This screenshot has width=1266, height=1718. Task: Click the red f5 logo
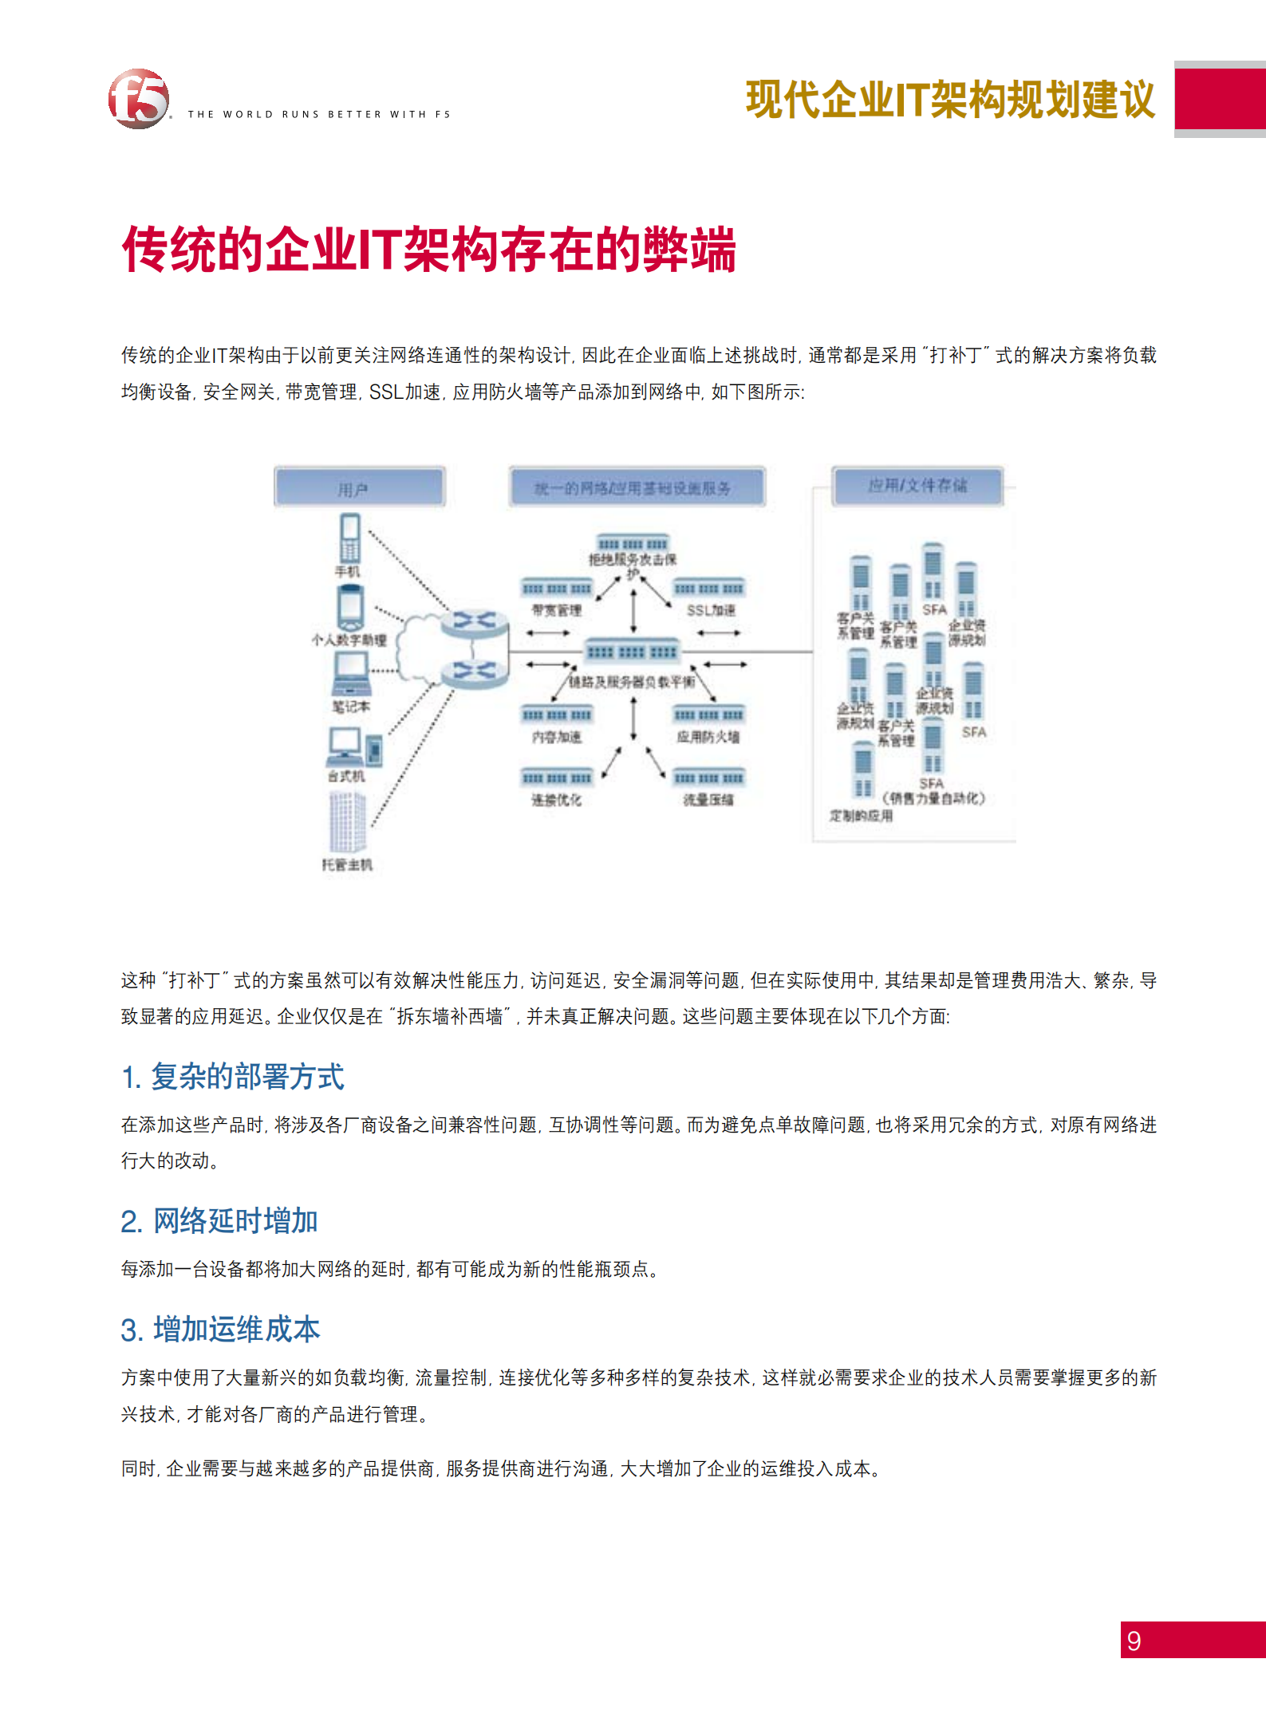[x=139, y=99]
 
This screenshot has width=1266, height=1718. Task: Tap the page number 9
[x=1134, y=1641]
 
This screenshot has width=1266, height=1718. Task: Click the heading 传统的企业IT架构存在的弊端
[x=428, y=250]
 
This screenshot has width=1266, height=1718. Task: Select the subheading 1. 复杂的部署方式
[x=232, y=1077]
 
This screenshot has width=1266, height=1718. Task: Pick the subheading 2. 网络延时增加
[x=219, y=1221]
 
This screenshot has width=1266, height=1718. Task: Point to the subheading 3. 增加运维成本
[x=220, y=1330]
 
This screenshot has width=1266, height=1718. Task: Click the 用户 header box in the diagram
[x=359, y=487]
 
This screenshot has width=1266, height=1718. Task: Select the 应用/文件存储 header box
[x=917, y=486]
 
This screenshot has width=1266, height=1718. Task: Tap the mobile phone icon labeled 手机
[x=350, y=538]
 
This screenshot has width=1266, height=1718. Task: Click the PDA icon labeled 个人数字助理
[x=350, y=608]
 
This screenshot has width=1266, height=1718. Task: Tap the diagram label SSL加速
[x=711, y=610]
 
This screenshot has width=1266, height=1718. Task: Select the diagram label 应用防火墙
[x=708, y=737]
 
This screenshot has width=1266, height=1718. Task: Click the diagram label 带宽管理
[x=557, y=610]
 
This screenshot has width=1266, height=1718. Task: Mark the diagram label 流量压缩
[x=708, y=799]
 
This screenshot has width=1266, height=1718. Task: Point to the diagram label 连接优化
[x=557, y=799]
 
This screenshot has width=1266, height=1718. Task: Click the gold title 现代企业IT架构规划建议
[x=950, y=100]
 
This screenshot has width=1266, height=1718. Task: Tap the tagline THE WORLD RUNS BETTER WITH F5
[x=319, y=114]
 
